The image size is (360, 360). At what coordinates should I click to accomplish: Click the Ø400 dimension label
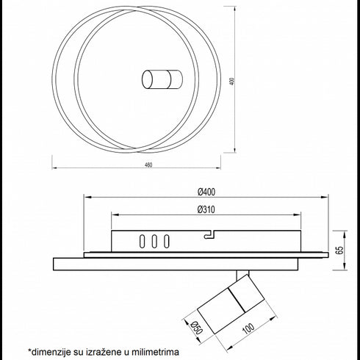pos(206,192)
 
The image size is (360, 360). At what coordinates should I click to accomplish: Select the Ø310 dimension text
pos(206,209)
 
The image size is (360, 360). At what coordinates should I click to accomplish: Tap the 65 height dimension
pos(340,251)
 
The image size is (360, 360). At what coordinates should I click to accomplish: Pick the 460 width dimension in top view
pos(148,165)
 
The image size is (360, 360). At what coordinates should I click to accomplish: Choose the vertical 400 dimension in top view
pos(233,82)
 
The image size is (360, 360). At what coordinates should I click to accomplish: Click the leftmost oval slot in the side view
pos(142,241)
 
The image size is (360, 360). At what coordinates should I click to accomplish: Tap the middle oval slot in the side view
pos(154,241)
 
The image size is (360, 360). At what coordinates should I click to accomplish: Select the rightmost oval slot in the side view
pos(167,241)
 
